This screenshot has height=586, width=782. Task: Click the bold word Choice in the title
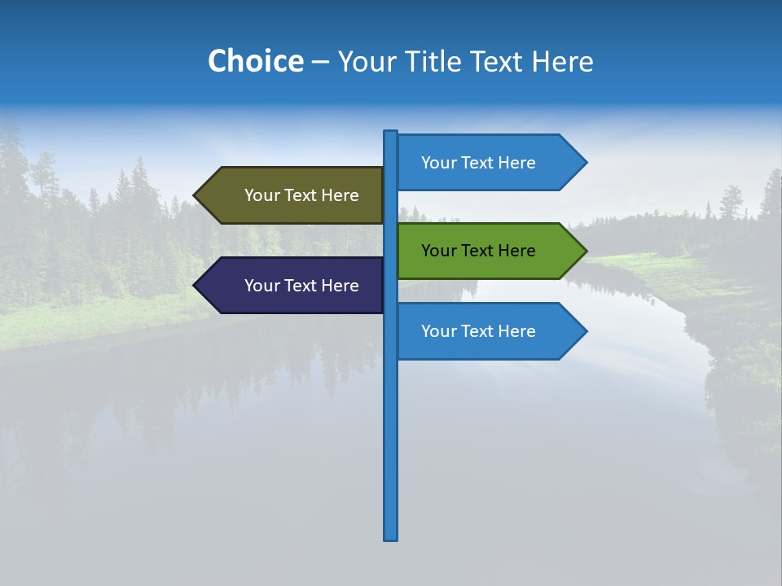coord(255,62)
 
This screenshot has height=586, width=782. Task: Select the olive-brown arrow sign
coord(293,195)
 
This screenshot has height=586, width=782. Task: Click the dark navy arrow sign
coord(293,286)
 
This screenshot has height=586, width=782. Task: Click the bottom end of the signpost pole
coord(391,537)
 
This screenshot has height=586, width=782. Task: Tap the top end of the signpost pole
coord(391,133)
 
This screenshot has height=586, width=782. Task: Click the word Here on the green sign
coord(516,251)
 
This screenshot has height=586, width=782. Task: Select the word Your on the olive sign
coord(261,195)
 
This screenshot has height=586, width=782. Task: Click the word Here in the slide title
coord(562,62)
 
